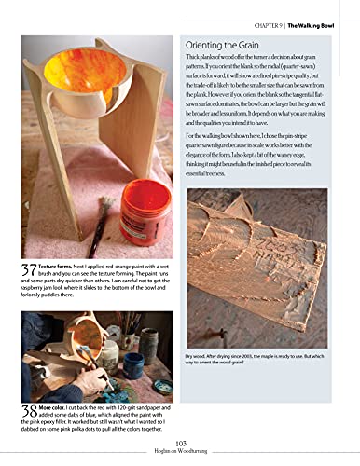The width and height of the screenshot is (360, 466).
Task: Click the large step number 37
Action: click(x=28, y=271)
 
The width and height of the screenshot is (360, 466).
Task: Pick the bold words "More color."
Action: click(x=57, y=406)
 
